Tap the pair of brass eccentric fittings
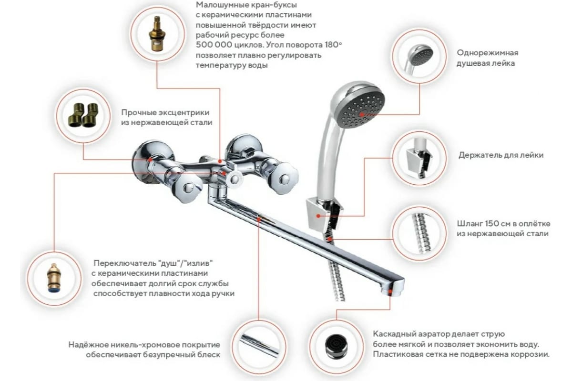(83, 115)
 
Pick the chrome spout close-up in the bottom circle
(259, 345)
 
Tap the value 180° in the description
(333, 45)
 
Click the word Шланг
(468, 224)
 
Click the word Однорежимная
(488, 53)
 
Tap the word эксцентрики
(184, 112)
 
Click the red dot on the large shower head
(362, 115)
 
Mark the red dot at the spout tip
(390, 291)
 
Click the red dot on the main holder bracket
(318, 216)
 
